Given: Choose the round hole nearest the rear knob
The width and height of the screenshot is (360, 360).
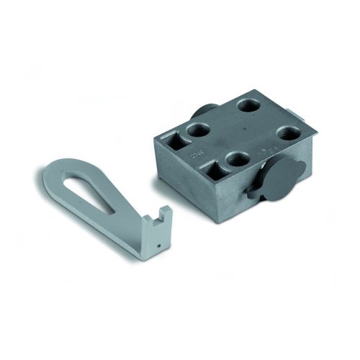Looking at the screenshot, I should (x=197, y=132).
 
